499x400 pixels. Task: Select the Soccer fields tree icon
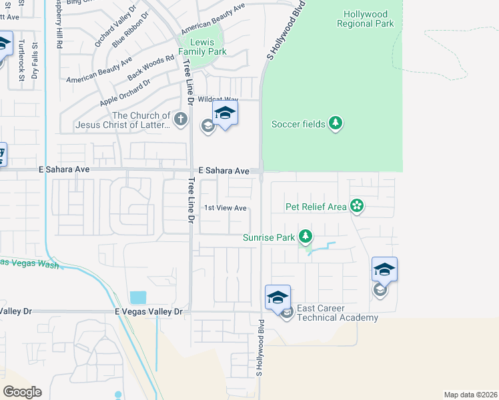click(x=337, y=123)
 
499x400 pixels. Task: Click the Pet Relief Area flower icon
click(x=357, y=207)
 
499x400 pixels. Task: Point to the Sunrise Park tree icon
click(x=306, y=236)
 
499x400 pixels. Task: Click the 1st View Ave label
click(x=225, y=208)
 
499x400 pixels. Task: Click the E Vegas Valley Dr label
click(x=148, y=311)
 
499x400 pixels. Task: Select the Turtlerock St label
click(x=21, y=61)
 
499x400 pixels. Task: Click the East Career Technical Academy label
click(x=337, y=313)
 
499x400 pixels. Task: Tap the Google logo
click(x=22, y=391)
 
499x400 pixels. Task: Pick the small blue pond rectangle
click(x=138, y=297)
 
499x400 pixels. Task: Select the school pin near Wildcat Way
click(x=225, y=114)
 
